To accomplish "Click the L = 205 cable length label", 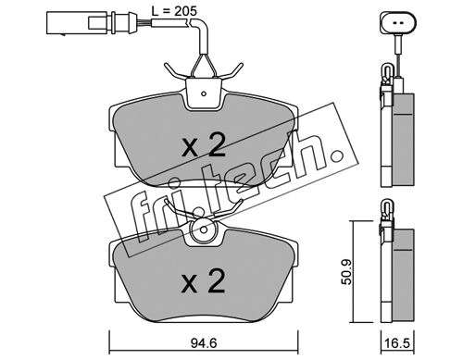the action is [174, 11].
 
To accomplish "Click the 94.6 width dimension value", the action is [204, 343].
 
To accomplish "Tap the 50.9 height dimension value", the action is [347, 272].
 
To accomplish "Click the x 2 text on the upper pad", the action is [204, 146].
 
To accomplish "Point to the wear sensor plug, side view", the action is [90, 22].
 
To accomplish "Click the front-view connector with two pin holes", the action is [398, 22].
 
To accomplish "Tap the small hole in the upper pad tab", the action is [204, 93].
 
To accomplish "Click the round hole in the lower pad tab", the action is [204, 230].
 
